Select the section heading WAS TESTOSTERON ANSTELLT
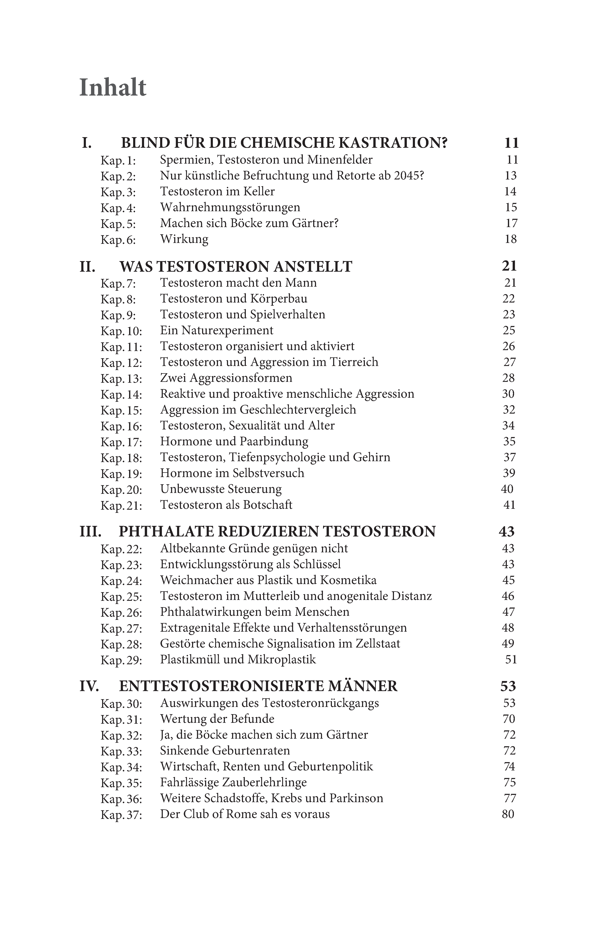pyautogui.click(x=236, y=267)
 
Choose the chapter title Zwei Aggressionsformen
pyautogui.click(x=226, y=378)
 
